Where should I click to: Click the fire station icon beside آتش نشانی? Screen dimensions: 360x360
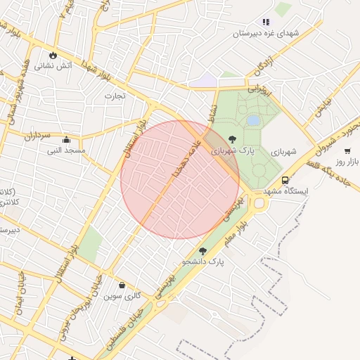pos(53,55)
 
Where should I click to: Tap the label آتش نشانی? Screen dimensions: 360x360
pos(54,65)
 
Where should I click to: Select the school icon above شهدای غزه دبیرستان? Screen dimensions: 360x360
pos(266,22)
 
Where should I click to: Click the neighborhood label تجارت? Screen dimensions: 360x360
pos(115,95)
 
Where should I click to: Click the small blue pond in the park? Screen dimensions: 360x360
pos(252,120)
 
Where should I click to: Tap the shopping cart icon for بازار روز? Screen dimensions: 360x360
pos(347,151)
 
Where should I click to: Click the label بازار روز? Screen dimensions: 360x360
pos(347,162)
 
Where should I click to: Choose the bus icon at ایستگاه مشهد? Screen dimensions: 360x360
pos(285,180)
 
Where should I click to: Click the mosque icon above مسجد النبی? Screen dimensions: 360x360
pos(66,139)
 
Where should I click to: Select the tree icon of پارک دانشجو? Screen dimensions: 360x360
pos(203,251)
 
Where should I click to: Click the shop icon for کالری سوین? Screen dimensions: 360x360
pos(123,285)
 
